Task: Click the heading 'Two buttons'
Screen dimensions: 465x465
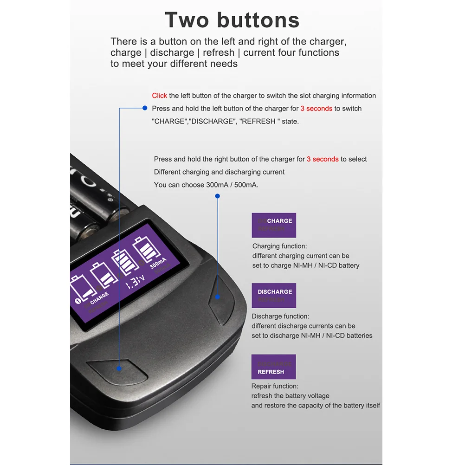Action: (232, 20)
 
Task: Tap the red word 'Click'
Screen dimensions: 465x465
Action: (159, 96)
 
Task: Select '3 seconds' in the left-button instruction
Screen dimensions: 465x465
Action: (316, 109)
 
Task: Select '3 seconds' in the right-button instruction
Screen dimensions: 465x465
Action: (323, 159)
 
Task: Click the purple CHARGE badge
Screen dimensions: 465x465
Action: (274, 225)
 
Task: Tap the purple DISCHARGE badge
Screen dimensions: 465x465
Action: (274, 296)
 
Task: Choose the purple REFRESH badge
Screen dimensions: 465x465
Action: (273, 367)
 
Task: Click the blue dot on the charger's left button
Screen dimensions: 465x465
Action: (119, 368)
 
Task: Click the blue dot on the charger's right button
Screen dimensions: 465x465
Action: (217, 296)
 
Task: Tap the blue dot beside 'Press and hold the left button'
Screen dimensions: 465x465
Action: (145, 108)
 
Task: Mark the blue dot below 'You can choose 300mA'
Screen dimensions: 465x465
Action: (217, 196)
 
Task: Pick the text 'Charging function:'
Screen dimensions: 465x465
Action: (279, 246)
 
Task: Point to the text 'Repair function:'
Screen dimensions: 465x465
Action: (275, 386)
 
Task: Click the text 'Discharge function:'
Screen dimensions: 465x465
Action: (280, 316)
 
